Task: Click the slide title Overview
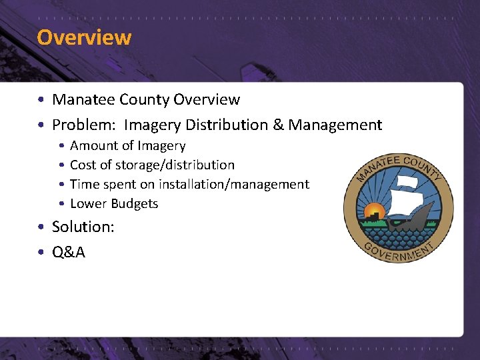point(84,37)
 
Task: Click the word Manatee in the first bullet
point(83,100)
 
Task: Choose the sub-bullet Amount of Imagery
point(127,145)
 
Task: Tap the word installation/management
point(233,184)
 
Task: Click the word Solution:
point(83,227)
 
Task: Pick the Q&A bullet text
point(69,252)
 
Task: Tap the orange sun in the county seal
point(375,213)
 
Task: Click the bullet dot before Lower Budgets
point(61,204)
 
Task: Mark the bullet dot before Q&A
point(41,253)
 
